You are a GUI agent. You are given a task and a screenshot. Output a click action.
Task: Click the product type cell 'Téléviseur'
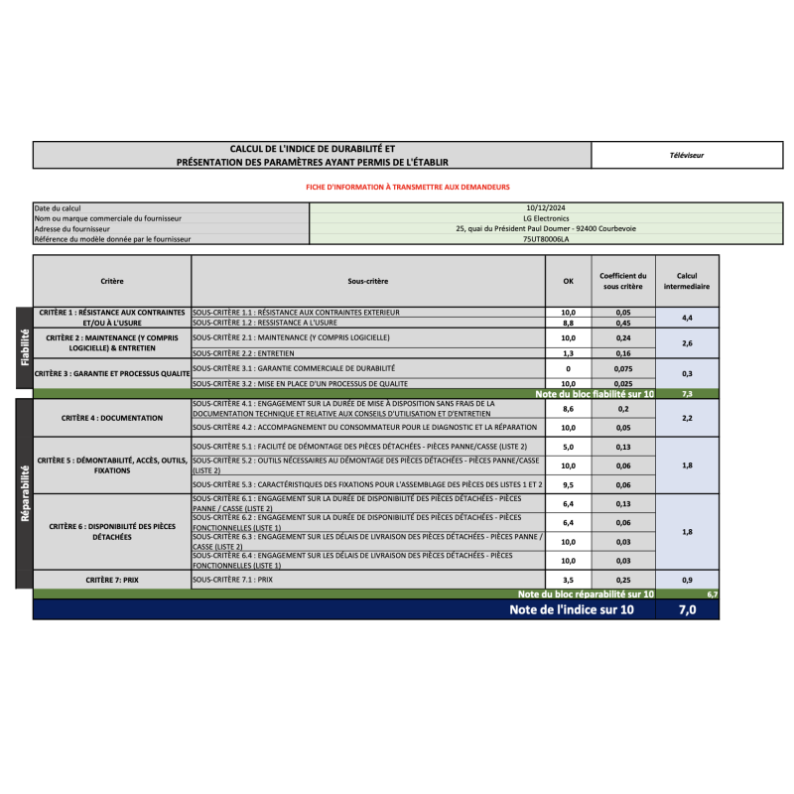(x=686, y=155)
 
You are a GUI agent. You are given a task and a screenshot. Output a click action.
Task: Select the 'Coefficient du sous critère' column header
(x=623, y=281)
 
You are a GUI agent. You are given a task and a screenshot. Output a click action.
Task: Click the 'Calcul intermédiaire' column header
(x=687, y=281)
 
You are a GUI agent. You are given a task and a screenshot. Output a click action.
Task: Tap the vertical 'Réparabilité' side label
(x=25, y=493)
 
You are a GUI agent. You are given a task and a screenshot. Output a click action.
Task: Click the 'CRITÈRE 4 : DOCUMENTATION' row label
(x=111, y=418)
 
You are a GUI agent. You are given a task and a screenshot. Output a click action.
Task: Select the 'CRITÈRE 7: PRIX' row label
(x=111, y=579)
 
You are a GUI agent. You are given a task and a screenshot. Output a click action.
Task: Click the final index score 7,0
(x=687, y=609)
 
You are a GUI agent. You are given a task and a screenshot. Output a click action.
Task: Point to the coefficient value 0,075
(x=623, y=368)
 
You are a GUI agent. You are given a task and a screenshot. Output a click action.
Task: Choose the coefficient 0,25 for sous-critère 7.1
(x=623, y=579)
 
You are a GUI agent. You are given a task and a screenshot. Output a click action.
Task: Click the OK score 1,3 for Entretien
(x=568, y=353)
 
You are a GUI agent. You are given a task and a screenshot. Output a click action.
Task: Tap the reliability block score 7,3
(x=687, y=394)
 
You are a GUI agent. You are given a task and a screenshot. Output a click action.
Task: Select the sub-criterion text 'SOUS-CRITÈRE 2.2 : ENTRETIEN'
(x=244, y=353)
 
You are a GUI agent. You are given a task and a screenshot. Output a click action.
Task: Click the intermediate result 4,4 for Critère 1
(x=687, y=318)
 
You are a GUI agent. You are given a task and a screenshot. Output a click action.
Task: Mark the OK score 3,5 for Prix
(x=568, y=579)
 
